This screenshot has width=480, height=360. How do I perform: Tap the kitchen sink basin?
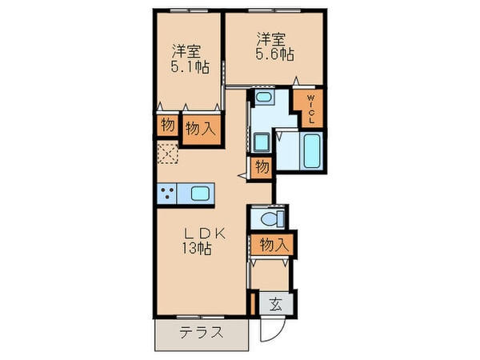pos(201,193)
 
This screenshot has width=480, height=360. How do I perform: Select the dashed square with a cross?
pos(169,152)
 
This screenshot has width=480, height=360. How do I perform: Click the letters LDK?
pos(207,234)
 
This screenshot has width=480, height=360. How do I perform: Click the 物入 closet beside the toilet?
pos(271,243)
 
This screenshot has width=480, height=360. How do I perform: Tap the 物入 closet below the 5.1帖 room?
pos(200,127)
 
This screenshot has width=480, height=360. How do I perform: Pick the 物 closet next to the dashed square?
pos(167,125)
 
